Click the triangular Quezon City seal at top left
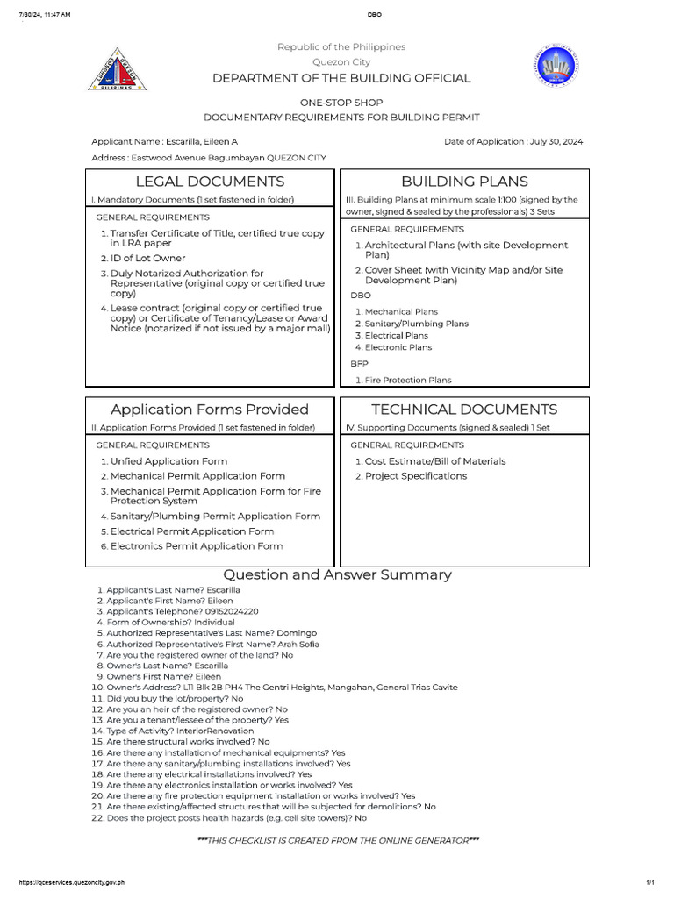pos(117,69)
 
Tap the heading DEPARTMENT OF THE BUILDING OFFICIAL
pos(341,78)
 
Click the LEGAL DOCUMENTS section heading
pos(209,182)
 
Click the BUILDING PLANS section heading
pos(464,182)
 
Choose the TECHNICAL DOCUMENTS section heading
pos(464,410)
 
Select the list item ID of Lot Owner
pos(147,259)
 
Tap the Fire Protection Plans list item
pos(408,381)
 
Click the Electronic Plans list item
pos(398,347)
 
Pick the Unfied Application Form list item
pos(168,461)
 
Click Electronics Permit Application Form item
pos(197,546)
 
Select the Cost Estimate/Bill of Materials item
pos(435,461)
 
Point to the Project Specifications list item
pos(416,476)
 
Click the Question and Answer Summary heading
pos(337,575)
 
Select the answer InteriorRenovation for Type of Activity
pos(215,731)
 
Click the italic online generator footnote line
pos(338,841)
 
